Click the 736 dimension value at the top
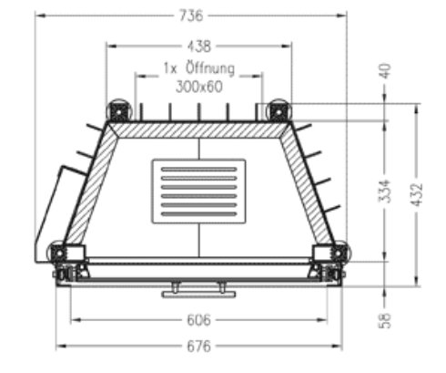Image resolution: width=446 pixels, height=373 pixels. coord(191,16)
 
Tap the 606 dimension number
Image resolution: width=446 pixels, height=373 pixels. coord(198,320)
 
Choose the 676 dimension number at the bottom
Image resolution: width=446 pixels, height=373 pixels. coord(198,347)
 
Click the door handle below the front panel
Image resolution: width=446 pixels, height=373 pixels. coord(198,293)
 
